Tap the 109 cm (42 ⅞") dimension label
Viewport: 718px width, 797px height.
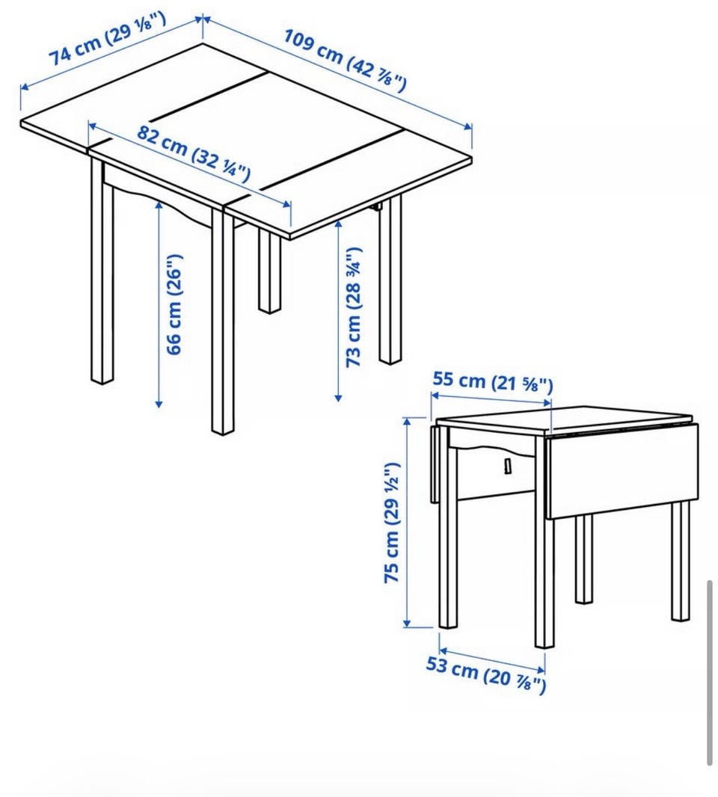(x=346, y=61)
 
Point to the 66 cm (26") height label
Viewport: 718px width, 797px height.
(x=174, y=304)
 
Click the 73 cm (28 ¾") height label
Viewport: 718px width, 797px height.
(x=353, y=307)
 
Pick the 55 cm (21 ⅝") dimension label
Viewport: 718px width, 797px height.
(x=492, y=382)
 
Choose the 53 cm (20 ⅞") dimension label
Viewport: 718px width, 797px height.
(x=485, y=674)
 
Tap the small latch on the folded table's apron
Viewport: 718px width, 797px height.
(x=508, y=466)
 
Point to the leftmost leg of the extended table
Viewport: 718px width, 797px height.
(x=102, y=270)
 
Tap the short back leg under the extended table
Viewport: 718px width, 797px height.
(x=269, y=272)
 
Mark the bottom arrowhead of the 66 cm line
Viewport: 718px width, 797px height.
(x=159, y=404)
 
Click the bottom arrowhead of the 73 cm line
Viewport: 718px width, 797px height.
(x=338, y=398)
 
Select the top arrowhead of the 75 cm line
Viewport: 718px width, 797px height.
(x=407, y=421)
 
